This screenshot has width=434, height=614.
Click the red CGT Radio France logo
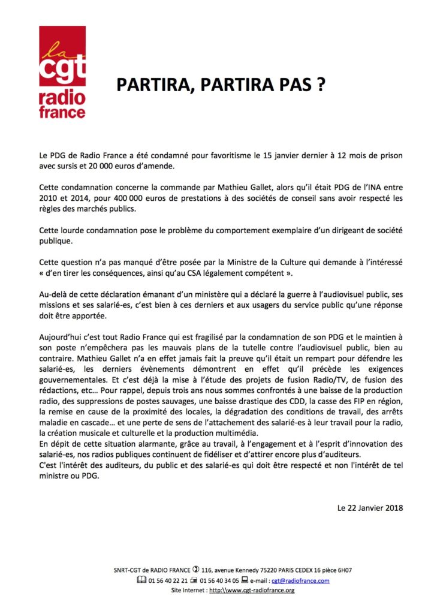coord(62,72)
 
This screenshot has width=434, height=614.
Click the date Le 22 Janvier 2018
coord(370,508)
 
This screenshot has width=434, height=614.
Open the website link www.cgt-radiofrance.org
coord(253,590)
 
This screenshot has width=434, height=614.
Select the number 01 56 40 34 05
coord(221,580)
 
